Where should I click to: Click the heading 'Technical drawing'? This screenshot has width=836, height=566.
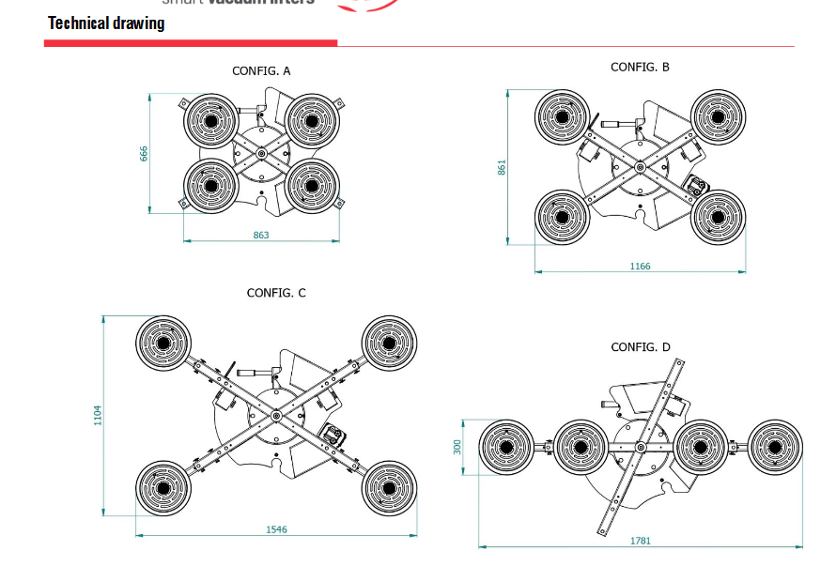(106, 23)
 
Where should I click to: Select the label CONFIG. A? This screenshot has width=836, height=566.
(261, 71)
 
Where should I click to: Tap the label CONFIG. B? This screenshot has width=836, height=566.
(640, 68)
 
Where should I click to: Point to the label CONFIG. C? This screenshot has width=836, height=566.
(276, 293)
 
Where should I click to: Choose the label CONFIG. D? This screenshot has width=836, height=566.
(641, 347)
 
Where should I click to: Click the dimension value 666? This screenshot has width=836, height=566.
(145, 153)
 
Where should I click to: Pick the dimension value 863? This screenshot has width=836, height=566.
(261, 235)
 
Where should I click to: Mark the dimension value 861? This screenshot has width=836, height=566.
(503, 167)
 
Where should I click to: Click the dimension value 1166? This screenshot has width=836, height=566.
(640, 267)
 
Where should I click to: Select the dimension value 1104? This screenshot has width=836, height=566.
(98, 415)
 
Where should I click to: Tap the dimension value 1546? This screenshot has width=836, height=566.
(276, 529)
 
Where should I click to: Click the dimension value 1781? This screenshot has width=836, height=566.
(641, 541)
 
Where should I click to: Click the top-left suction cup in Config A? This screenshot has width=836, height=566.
(211, 119)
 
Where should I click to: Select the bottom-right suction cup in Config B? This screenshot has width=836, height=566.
(718, 218)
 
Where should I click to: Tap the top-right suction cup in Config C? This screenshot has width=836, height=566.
(389, 344)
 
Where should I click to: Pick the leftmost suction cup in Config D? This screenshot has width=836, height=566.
(507, 449)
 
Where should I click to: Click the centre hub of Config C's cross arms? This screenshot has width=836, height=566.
(276, 416)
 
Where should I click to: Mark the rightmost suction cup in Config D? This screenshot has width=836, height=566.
(776, 448)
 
